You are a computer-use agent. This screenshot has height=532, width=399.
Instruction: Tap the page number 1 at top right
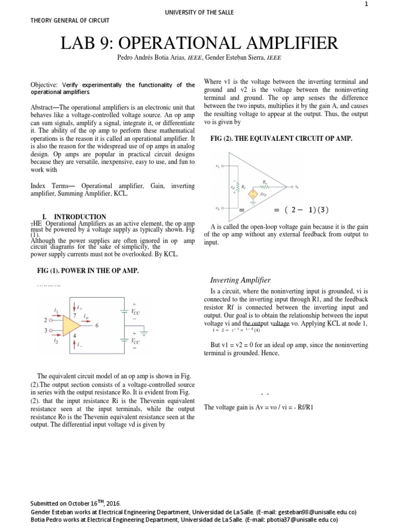[x=380, y=5]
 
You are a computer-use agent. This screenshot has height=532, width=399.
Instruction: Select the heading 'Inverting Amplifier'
[x=236, y=280]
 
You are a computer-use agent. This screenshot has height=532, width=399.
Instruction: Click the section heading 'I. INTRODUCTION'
[x=80, y=217]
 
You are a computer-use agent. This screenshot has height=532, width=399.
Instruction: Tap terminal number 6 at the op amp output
[x=96, y=326]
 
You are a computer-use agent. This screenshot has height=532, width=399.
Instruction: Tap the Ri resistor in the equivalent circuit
[x=238, y=186]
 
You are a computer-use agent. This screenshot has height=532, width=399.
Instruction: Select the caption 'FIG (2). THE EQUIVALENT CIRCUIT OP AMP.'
[x=281, y=139]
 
